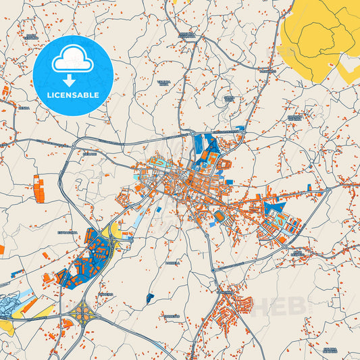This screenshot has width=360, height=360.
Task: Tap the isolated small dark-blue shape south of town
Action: coord(149,297)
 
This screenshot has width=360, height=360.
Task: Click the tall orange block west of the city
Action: coord(38,188)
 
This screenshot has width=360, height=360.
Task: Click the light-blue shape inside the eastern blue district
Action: coord(277,220)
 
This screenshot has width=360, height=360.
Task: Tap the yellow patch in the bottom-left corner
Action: coord(7,328)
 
